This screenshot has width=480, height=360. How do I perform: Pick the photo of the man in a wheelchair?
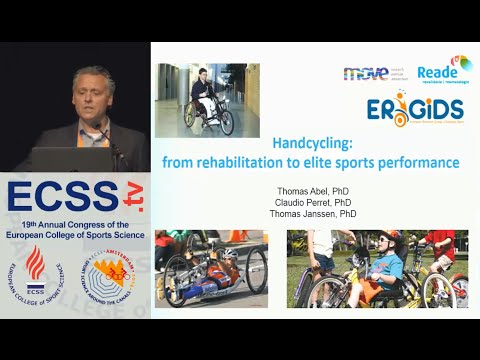207,101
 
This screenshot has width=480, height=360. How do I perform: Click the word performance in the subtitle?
418,161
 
